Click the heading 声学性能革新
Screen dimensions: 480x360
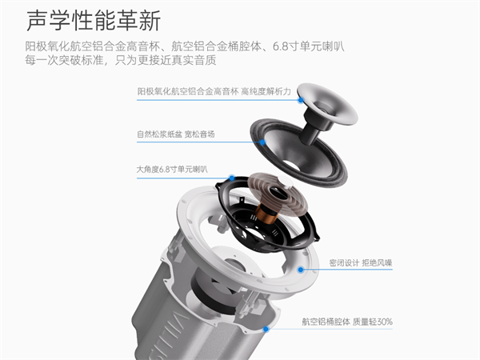[x=94, y=20]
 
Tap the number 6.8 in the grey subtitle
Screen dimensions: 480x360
[x=280, y=46]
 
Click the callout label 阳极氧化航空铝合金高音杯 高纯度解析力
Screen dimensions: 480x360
[x=214, y=91]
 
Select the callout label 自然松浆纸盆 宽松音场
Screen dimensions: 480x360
[x=176, y=134]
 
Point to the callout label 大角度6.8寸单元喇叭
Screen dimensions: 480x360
[x=172, y=170]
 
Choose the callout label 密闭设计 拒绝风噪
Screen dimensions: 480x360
[x=361, y=262]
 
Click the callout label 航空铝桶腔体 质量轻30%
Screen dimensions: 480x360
[x=347, y=322]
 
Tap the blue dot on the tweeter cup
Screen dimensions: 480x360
[x=302, y=100]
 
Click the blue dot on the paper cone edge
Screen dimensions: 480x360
[x=262, y=142]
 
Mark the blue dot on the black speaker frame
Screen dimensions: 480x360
[x=232, y=178]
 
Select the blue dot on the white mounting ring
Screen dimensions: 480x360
[x=301, y=270]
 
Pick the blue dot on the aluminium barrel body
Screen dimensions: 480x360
[x=266, y=329]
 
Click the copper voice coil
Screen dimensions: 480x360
[x=266, y=214]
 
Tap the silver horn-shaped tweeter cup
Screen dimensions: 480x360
[x=327, y=103]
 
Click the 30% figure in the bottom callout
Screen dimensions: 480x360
[x=385, y=322]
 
